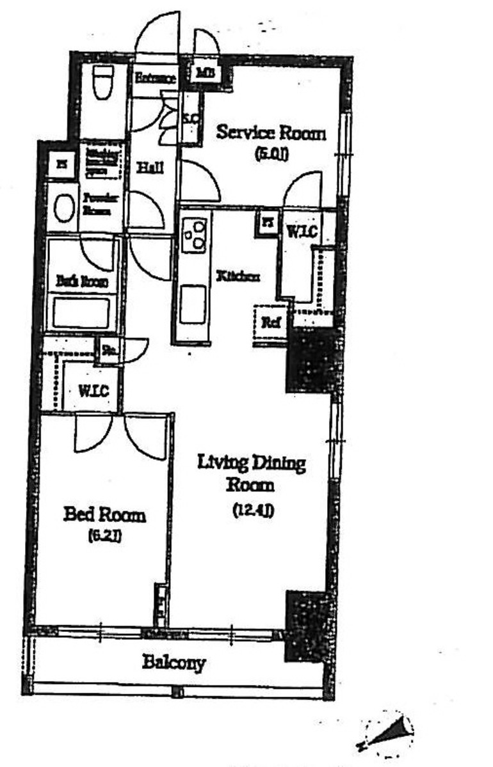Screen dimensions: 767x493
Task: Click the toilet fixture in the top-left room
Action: coord(103,82)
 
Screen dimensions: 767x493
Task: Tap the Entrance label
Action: coord(155,79)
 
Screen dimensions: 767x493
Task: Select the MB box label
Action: coord(205,73)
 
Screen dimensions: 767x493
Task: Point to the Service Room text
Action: coord(271,133)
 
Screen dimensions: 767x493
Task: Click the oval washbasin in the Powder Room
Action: coord(64,209)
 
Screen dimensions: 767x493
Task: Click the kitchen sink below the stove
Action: coord(192,305)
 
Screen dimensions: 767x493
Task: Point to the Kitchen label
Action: coord(238,276)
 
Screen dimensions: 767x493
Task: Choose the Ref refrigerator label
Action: coord(271,323)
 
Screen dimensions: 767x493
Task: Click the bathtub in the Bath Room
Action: coord(81,313)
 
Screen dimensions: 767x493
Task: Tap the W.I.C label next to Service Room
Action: coord(301,233)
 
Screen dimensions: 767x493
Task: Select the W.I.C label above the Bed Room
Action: coord(93,390)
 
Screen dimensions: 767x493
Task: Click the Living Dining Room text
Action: coord(251,473)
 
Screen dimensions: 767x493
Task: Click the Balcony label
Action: coord(174,663)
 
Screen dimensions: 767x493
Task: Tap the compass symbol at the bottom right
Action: coord(387,733)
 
